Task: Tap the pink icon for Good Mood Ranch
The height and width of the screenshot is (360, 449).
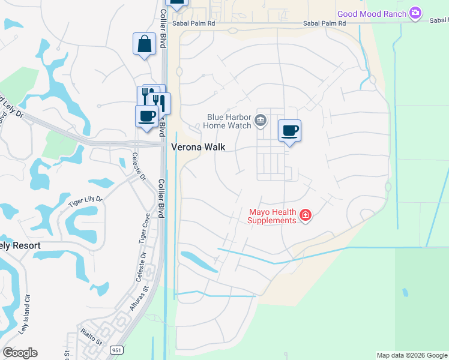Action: coord(415,13)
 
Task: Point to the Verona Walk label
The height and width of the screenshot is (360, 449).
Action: coord(197,146)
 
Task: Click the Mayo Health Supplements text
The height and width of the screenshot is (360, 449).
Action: coord(273,216)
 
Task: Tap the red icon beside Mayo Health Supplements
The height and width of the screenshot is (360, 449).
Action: coord(306,215)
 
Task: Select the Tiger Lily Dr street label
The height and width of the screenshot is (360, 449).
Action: coord(85,202)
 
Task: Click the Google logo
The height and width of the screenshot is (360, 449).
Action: coord(20,353)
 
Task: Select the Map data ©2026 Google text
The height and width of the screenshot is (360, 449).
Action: coord(412,355)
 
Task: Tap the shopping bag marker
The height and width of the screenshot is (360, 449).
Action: coord(144,44)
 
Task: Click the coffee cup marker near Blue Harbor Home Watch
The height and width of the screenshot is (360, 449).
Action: coord(289,131)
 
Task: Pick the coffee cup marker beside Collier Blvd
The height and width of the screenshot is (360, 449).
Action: coord(146,116)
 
